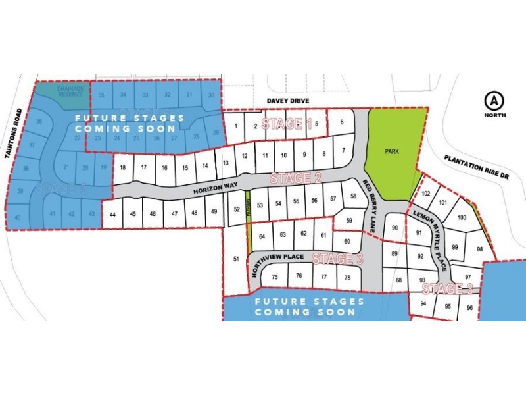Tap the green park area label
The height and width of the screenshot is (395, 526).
pyautogui.click(x=393, y=150)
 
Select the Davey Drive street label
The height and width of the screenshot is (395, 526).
pyautogui.click(x=287, y=101)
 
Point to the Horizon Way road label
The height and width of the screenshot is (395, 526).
pyautogui.click(x=216, y=188)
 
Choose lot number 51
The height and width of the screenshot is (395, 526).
pyautogui.click(x=236, y=259)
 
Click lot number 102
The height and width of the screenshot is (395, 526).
pyautogui.click(x=425, y=194)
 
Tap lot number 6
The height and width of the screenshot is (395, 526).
pyautogui.click(x=342, y=122)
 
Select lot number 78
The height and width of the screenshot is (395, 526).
pyautogui.click(x=347, y=277)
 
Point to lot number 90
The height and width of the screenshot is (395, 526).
pyautogui.click(x=395, y=228)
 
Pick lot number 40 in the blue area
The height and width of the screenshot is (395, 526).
pyautogui.click(x=18, y=217)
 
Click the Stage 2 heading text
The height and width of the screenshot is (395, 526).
pyautogui.click(x=295, y=178)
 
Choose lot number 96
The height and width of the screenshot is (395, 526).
pyautogui.click(x=469, y=307)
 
